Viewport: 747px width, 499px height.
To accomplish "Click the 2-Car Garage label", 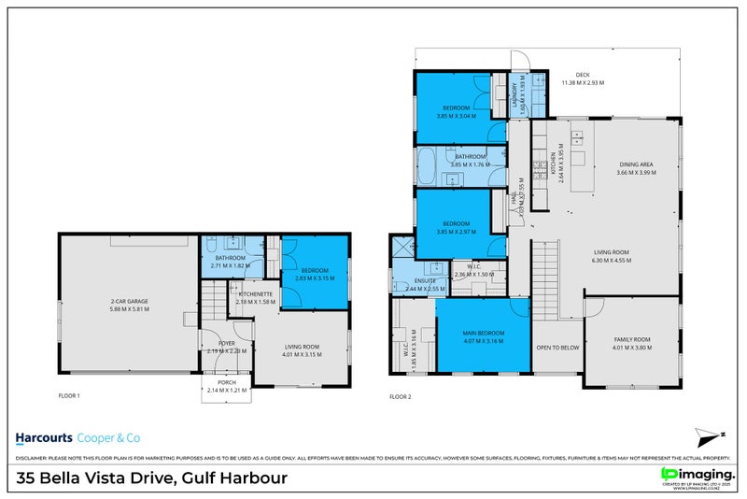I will (x=131, y=301).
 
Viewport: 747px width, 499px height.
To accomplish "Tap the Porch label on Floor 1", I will (x=225, y=382).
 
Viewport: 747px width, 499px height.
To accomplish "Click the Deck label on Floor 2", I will (x=583, y=75).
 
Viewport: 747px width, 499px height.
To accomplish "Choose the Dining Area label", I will (x=634, y=164).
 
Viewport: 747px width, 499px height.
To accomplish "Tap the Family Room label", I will (x=632, y=339).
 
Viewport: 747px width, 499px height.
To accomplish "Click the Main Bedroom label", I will (x=483, y=334).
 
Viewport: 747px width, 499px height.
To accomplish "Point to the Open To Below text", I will (x=557, y=347).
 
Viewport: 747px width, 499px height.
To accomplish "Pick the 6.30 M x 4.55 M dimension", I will (x=612, y=260).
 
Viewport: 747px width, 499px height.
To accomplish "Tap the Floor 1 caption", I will (x=68, y=396).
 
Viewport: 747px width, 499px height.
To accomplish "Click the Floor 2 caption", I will (x=400, y=396).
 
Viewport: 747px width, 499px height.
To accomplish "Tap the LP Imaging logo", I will (x=696, y=476).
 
